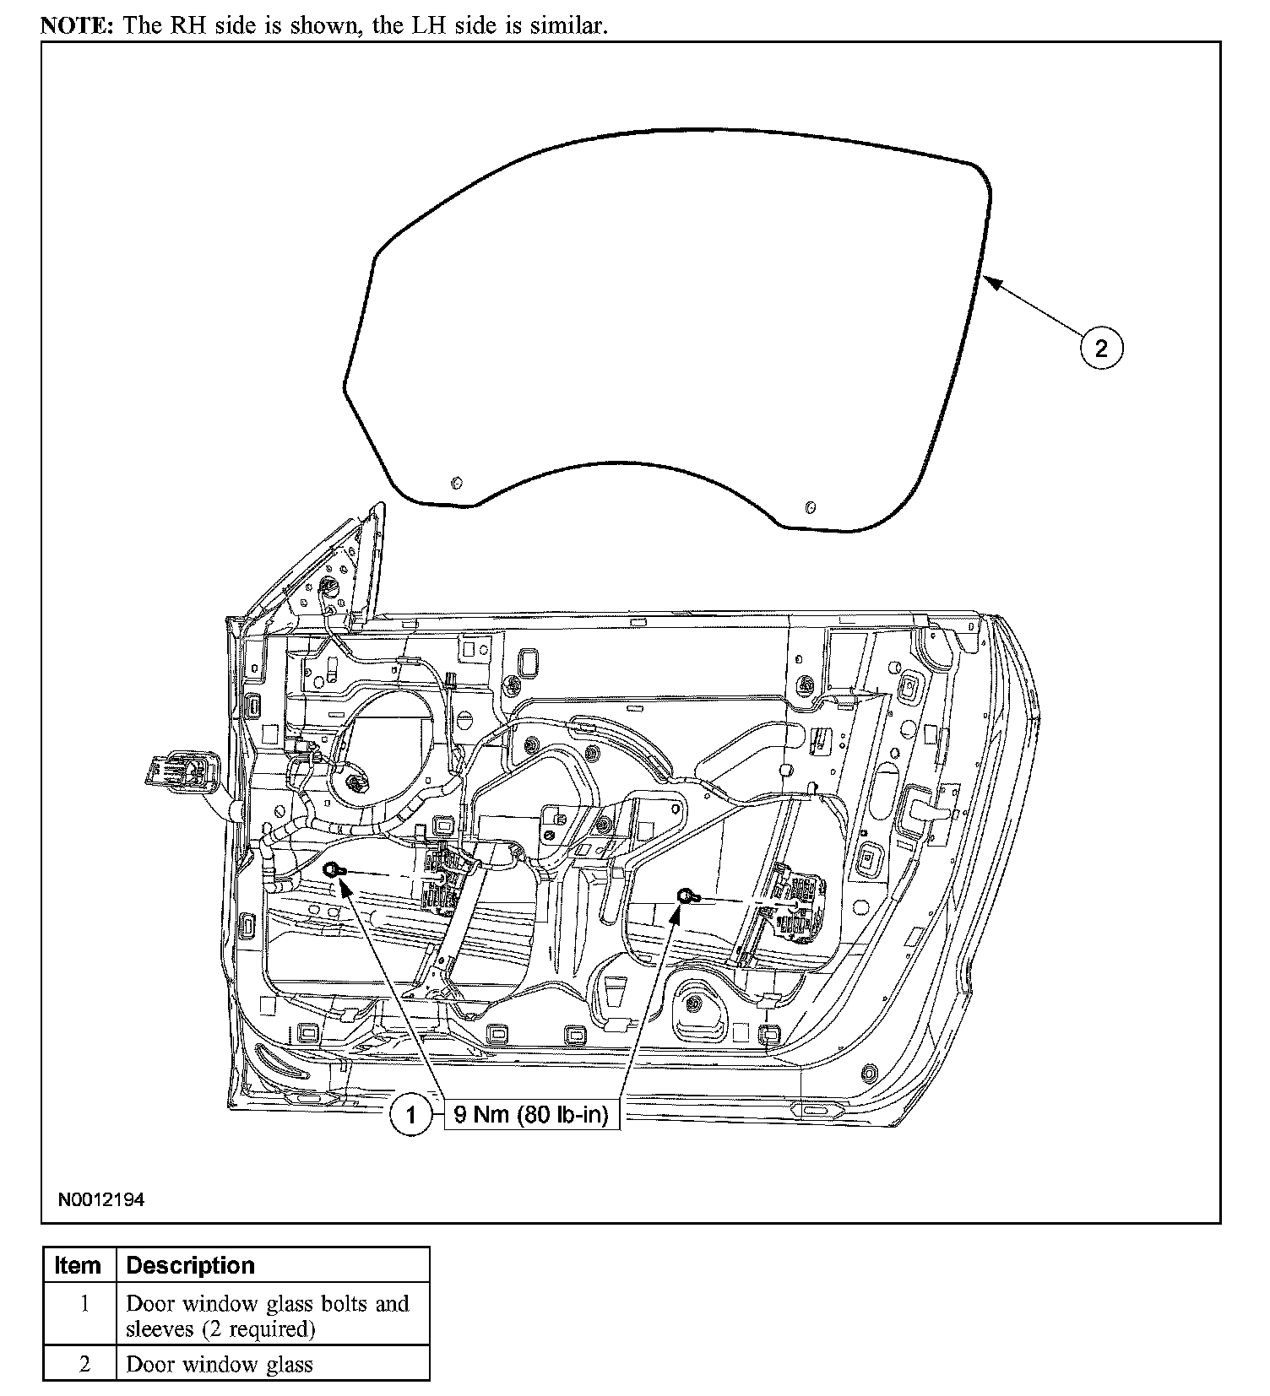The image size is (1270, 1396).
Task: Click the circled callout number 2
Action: pyautogui.click(x=1101, y=348)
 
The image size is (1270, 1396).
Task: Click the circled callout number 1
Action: pyautogui.click(x=410, y=1116)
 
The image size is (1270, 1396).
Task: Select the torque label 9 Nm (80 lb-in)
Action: pyautogui.click(x=531, y=1114)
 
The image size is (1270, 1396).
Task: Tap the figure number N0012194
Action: pyautogui.click(x=101, y=1199)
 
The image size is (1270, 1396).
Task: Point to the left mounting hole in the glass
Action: pyautogui.click(x=457, y=482)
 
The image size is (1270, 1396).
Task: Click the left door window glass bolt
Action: pyautogui.click(x=333, y=869)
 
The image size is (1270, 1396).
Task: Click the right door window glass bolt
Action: pyautogui.click(x=685, y=895)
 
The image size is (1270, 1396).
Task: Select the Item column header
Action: pyautogui.click(x=78, y=1266)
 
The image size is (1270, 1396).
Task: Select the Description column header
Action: pyautogui.click(x=190, y=1266)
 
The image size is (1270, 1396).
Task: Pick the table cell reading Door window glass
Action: pyautogui.click(x=220, y=1365)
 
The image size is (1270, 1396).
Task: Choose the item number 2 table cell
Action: pyautogui.click(x=84, y=1365)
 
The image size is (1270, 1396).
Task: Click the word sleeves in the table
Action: pyautogui.click(x=160, y=1329)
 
